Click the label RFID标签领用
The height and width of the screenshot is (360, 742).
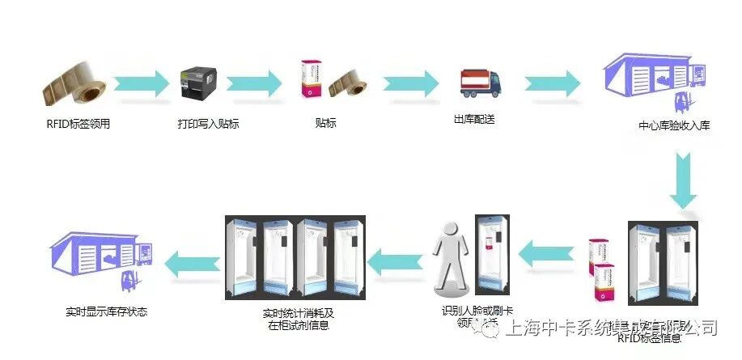tap(78, 124)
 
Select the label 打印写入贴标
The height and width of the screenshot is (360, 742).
tap(208, 124)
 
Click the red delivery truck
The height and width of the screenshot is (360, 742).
tap(480, 84)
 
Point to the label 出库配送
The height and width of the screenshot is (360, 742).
tap(474, 120)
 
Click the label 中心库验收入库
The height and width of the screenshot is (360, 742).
tap(674, 126)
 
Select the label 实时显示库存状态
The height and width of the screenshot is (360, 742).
tap(106, 311)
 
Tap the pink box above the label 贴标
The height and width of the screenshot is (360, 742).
tap(308, 80)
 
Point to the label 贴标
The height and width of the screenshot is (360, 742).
tap(325, 123)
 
